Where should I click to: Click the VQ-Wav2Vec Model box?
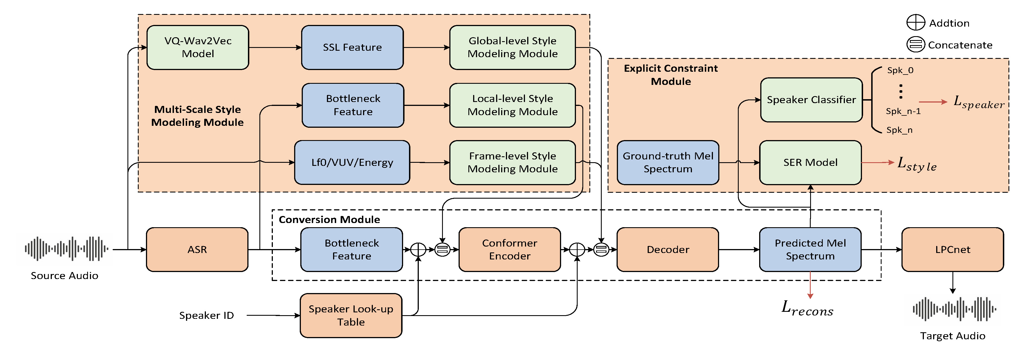(198, 47)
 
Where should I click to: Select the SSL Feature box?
(352, 47)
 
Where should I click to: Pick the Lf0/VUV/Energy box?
(352, 162)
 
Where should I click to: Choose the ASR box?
(197, 249)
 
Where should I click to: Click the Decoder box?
(668, 249)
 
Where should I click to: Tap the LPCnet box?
(952, 249)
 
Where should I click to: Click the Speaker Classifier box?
(811, 100)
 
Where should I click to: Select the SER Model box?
(810, 162)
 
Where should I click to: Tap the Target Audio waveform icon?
(954, 309)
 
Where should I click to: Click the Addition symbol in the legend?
(915, 22)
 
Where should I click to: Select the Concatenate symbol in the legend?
(915, 44)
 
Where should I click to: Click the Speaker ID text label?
(206, 315)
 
